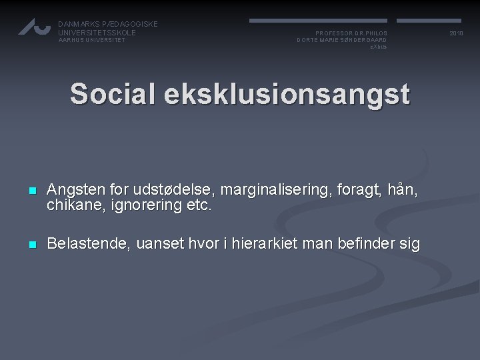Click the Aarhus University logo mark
pyautogui.click(x=34, y=27)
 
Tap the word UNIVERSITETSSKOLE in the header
pyautogui.click(x=97, y=33)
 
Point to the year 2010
pyautogui.click(x=456, y=33)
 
